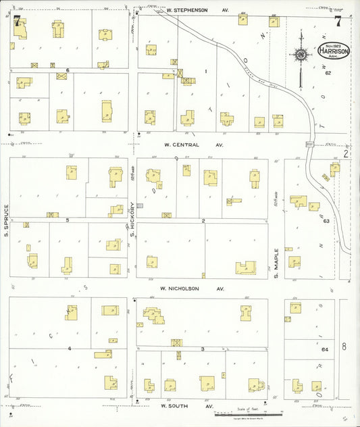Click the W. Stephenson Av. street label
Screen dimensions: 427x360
click(194, 11)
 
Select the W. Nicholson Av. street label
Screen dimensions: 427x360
click(191, 288)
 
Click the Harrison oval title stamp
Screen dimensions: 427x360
click(334, 51)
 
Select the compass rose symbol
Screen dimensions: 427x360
click(301, 55)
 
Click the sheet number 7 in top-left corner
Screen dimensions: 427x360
click(16, 20)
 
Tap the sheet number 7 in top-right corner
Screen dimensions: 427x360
click(337, 20)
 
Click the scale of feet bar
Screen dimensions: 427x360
click(247, 413)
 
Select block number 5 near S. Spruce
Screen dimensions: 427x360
click(68, 220)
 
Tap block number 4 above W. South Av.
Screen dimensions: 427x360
click(69, 348)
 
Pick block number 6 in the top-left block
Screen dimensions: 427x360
click(68, 70)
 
